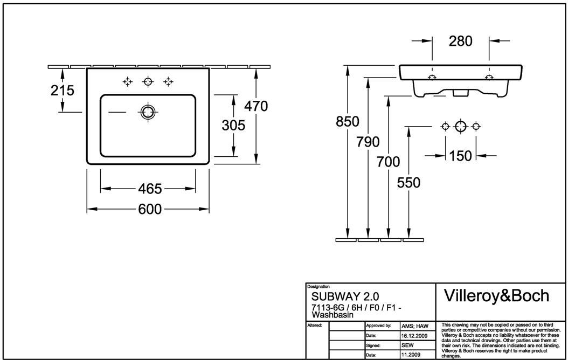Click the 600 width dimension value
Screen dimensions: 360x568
tap(150, 209)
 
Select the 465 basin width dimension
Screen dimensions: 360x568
tap(150, 189)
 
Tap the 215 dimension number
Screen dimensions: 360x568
tap(63, 91)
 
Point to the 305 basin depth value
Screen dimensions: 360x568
tap(234, 125)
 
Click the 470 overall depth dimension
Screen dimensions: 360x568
tap(256, 107)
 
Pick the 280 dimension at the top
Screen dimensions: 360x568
tap(461, 40)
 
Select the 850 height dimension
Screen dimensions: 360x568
tap(348, 122)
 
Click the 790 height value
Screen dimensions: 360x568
tap(368, 142)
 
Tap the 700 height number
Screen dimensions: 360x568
tap(389, 162)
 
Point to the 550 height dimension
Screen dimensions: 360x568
tap(408, 183)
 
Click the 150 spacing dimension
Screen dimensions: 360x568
tap(460, 156)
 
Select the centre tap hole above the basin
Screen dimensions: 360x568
tap(148, 82)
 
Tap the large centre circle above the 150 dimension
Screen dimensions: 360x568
tap(460, 126)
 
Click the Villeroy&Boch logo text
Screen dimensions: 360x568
tap(496, 295)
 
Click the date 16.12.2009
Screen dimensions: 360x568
tap(414, 335)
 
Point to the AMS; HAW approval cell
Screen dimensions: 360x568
tap(414, 326)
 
